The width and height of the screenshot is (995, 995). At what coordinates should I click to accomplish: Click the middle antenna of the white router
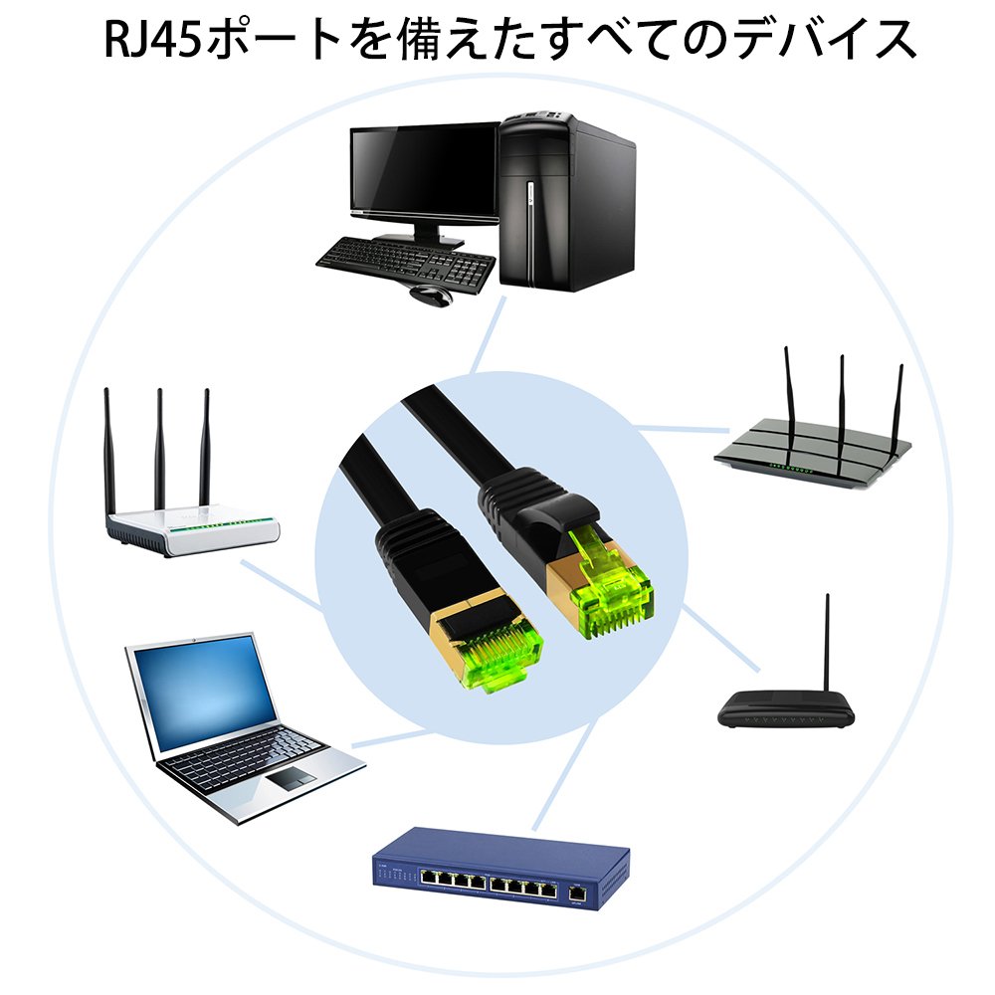click(x=158, y=448)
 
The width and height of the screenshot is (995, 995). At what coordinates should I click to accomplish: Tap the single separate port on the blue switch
click(x=576, y=895)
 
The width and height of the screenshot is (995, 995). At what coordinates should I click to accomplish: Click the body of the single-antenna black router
click(x=787, y=710)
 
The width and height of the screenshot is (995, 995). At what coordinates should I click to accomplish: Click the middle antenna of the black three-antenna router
click(x=841, y=398)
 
